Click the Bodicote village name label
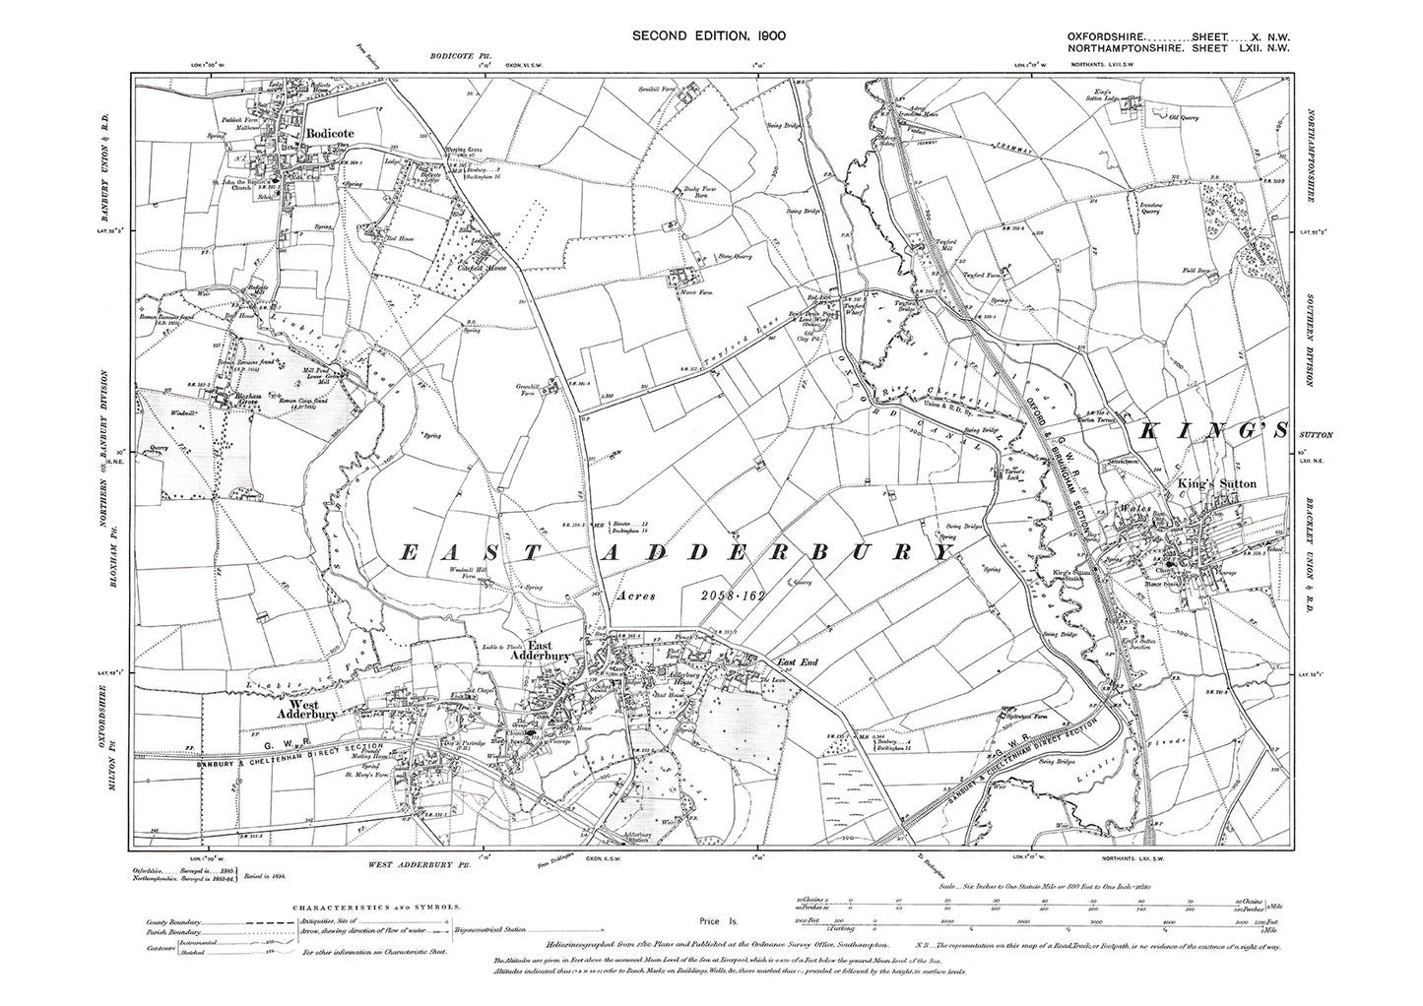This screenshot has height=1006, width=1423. click(x=328, y=131)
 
